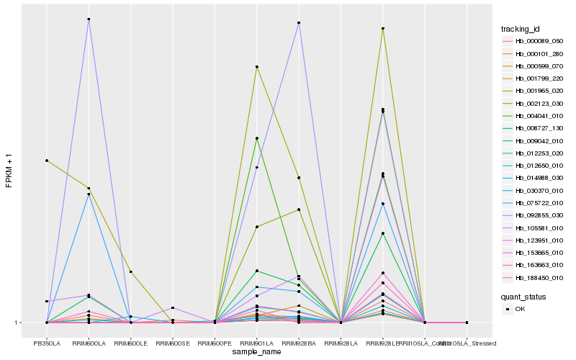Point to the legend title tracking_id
pyautogui.click(x=521, y=29)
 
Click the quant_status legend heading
pyautogui.click(x=524, y=296)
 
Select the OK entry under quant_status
pyautogui.click(x=520, y=309)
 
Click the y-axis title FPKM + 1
pyautogui.click(x=9, y=171)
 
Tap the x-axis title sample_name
pyautogui.click(x=256, y=352)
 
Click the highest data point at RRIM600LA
pyautogui.click(x=89, y=19)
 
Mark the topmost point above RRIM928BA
pyautogui.click(x=298, y=23)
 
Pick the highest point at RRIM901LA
pyautogui.click(x=256, y=67)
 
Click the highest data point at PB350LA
pyautogui.click(x=47, y=160)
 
